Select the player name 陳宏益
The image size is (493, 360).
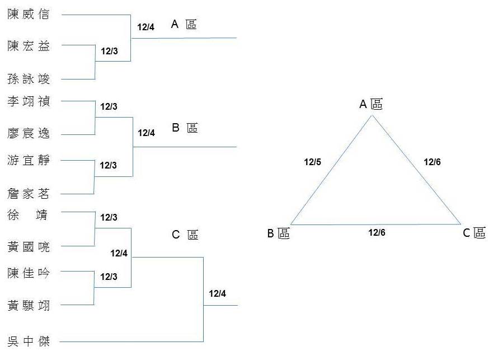[29, 46]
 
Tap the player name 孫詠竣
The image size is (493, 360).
[29, 79]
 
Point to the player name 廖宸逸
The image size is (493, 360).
[29, 133]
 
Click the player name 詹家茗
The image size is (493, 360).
[29, 194]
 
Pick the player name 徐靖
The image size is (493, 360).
[29, 214]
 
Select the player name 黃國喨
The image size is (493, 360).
[29, 246]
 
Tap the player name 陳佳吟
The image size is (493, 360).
[29, 273]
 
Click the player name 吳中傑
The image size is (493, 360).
[29, 341]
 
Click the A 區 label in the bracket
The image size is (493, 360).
[184, 25]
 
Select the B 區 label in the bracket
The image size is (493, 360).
[184, 128]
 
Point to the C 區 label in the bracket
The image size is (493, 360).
[184, 235]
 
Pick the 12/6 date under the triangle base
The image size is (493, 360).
[377, 232]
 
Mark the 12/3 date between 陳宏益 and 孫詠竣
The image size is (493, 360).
[109, 51]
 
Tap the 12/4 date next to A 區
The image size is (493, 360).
[145, 26]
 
